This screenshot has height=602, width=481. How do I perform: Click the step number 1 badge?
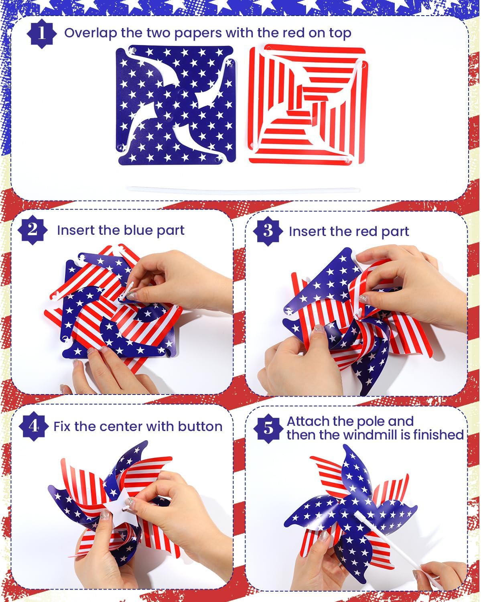[42, 34]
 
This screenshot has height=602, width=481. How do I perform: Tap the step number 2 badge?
[32, 230]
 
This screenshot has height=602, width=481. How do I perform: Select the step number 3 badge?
[268, 231]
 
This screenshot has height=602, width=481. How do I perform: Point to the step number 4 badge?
[34, 426]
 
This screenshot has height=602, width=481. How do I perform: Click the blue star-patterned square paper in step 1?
[176, 105]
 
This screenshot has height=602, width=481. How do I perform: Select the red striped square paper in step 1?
[308, 104]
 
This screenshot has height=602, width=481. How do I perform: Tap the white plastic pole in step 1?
[243, 190]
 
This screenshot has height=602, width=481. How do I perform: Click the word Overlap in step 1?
[91, 33]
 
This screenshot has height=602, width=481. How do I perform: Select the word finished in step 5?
[438, 435]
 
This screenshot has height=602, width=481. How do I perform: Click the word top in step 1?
[340, 34]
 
